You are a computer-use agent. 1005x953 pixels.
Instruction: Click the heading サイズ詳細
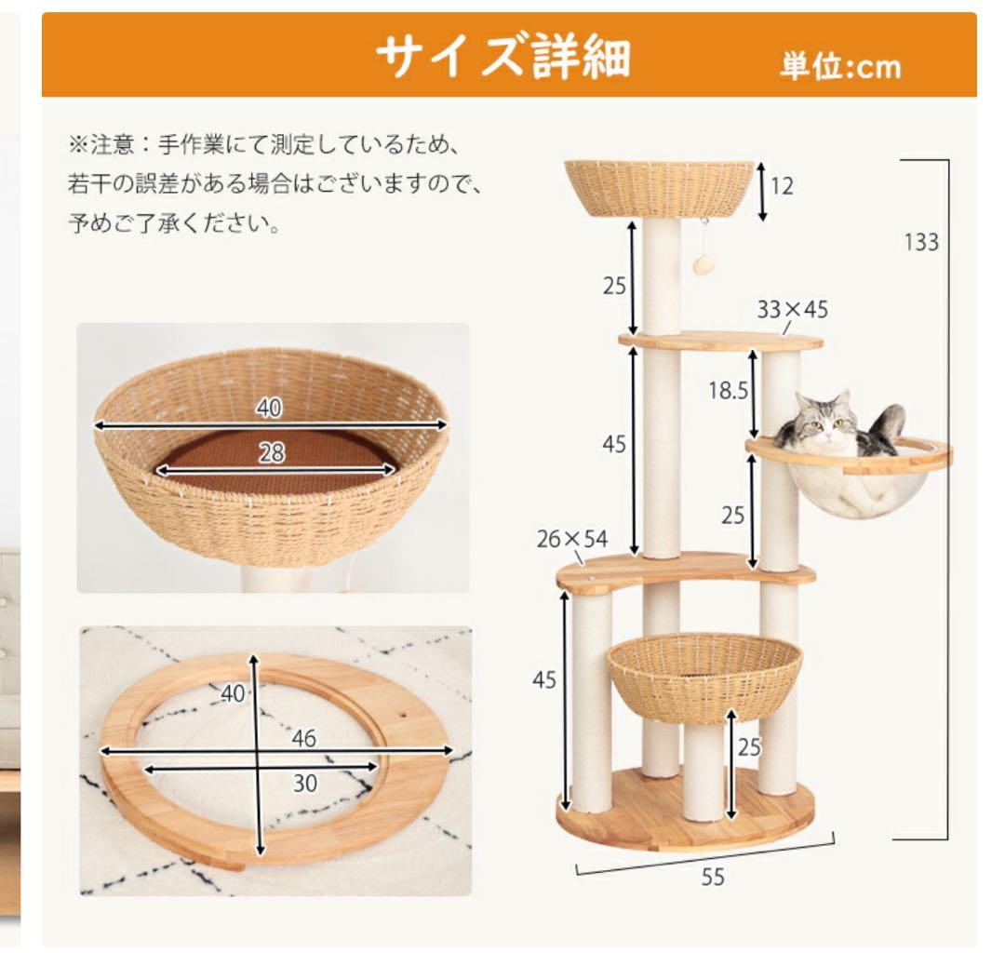coord(502,58)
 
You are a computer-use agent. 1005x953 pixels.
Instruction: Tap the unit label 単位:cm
coord(839,67)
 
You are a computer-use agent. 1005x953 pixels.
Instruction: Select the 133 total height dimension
coord(921,242)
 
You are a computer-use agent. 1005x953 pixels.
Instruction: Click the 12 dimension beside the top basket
coord(782,186)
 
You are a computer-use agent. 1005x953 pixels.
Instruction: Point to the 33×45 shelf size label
coord(792,309)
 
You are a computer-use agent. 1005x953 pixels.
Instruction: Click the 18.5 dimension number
coord(728,391)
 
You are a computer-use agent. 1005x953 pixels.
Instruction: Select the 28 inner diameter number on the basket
coord(273,453)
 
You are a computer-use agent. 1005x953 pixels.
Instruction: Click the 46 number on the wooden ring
coord(303,739)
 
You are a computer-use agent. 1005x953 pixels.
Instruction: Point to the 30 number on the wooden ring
coord(305,784)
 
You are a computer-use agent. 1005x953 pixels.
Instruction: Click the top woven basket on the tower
coord(659,187)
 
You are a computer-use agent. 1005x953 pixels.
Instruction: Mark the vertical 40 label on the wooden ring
coord(233,692)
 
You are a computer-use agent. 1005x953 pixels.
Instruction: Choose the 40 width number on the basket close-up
coord(270,408)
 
